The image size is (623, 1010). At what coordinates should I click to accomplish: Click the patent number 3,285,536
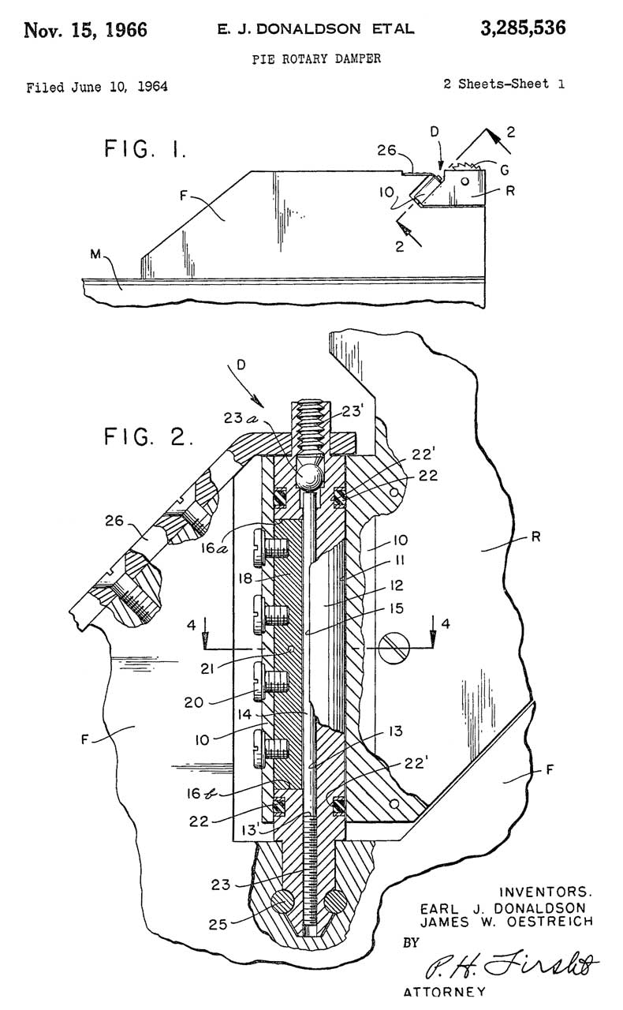(x=522, y=29)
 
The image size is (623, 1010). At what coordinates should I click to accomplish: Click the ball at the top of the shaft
(x=308, y=475)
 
